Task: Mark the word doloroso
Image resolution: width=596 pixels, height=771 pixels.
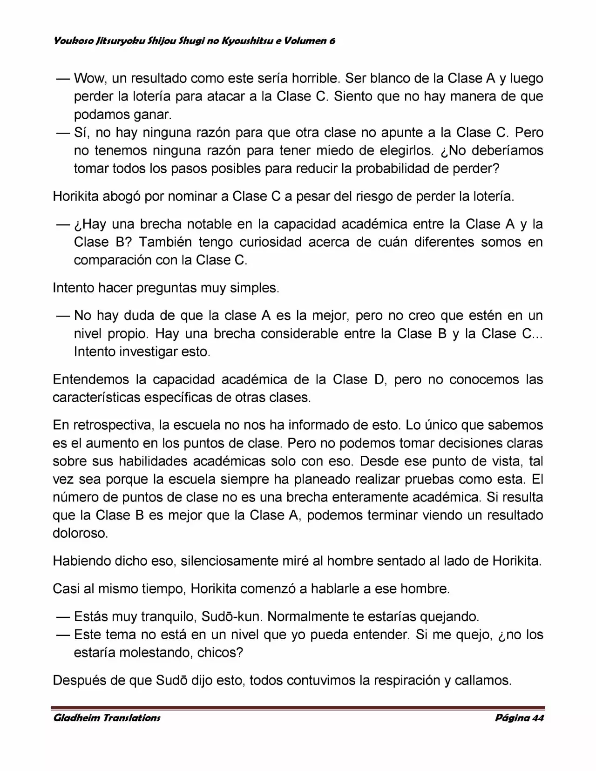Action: click(x=80, y=534)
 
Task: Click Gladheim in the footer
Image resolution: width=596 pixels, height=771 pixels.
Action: click(x=76, y=718)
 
